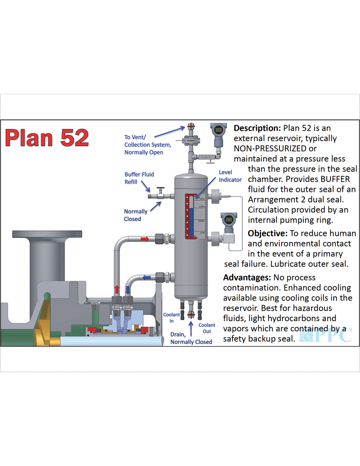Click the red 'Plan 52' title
pos(47,138)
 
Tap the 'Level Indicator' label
pos(230,176)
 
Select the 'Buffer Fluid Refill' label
pos(139,178)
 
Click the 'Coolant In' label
pos(171,318)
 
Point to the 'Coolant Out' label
pos(207,328)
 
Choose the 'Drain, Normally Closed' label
pos(191,338)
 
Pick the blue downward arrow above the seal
pos(128,288)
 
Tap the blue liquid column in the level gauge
pos(190,220)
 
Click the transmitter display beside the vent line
pos(218,128)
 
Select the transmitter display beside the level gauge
pos(229,219)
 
